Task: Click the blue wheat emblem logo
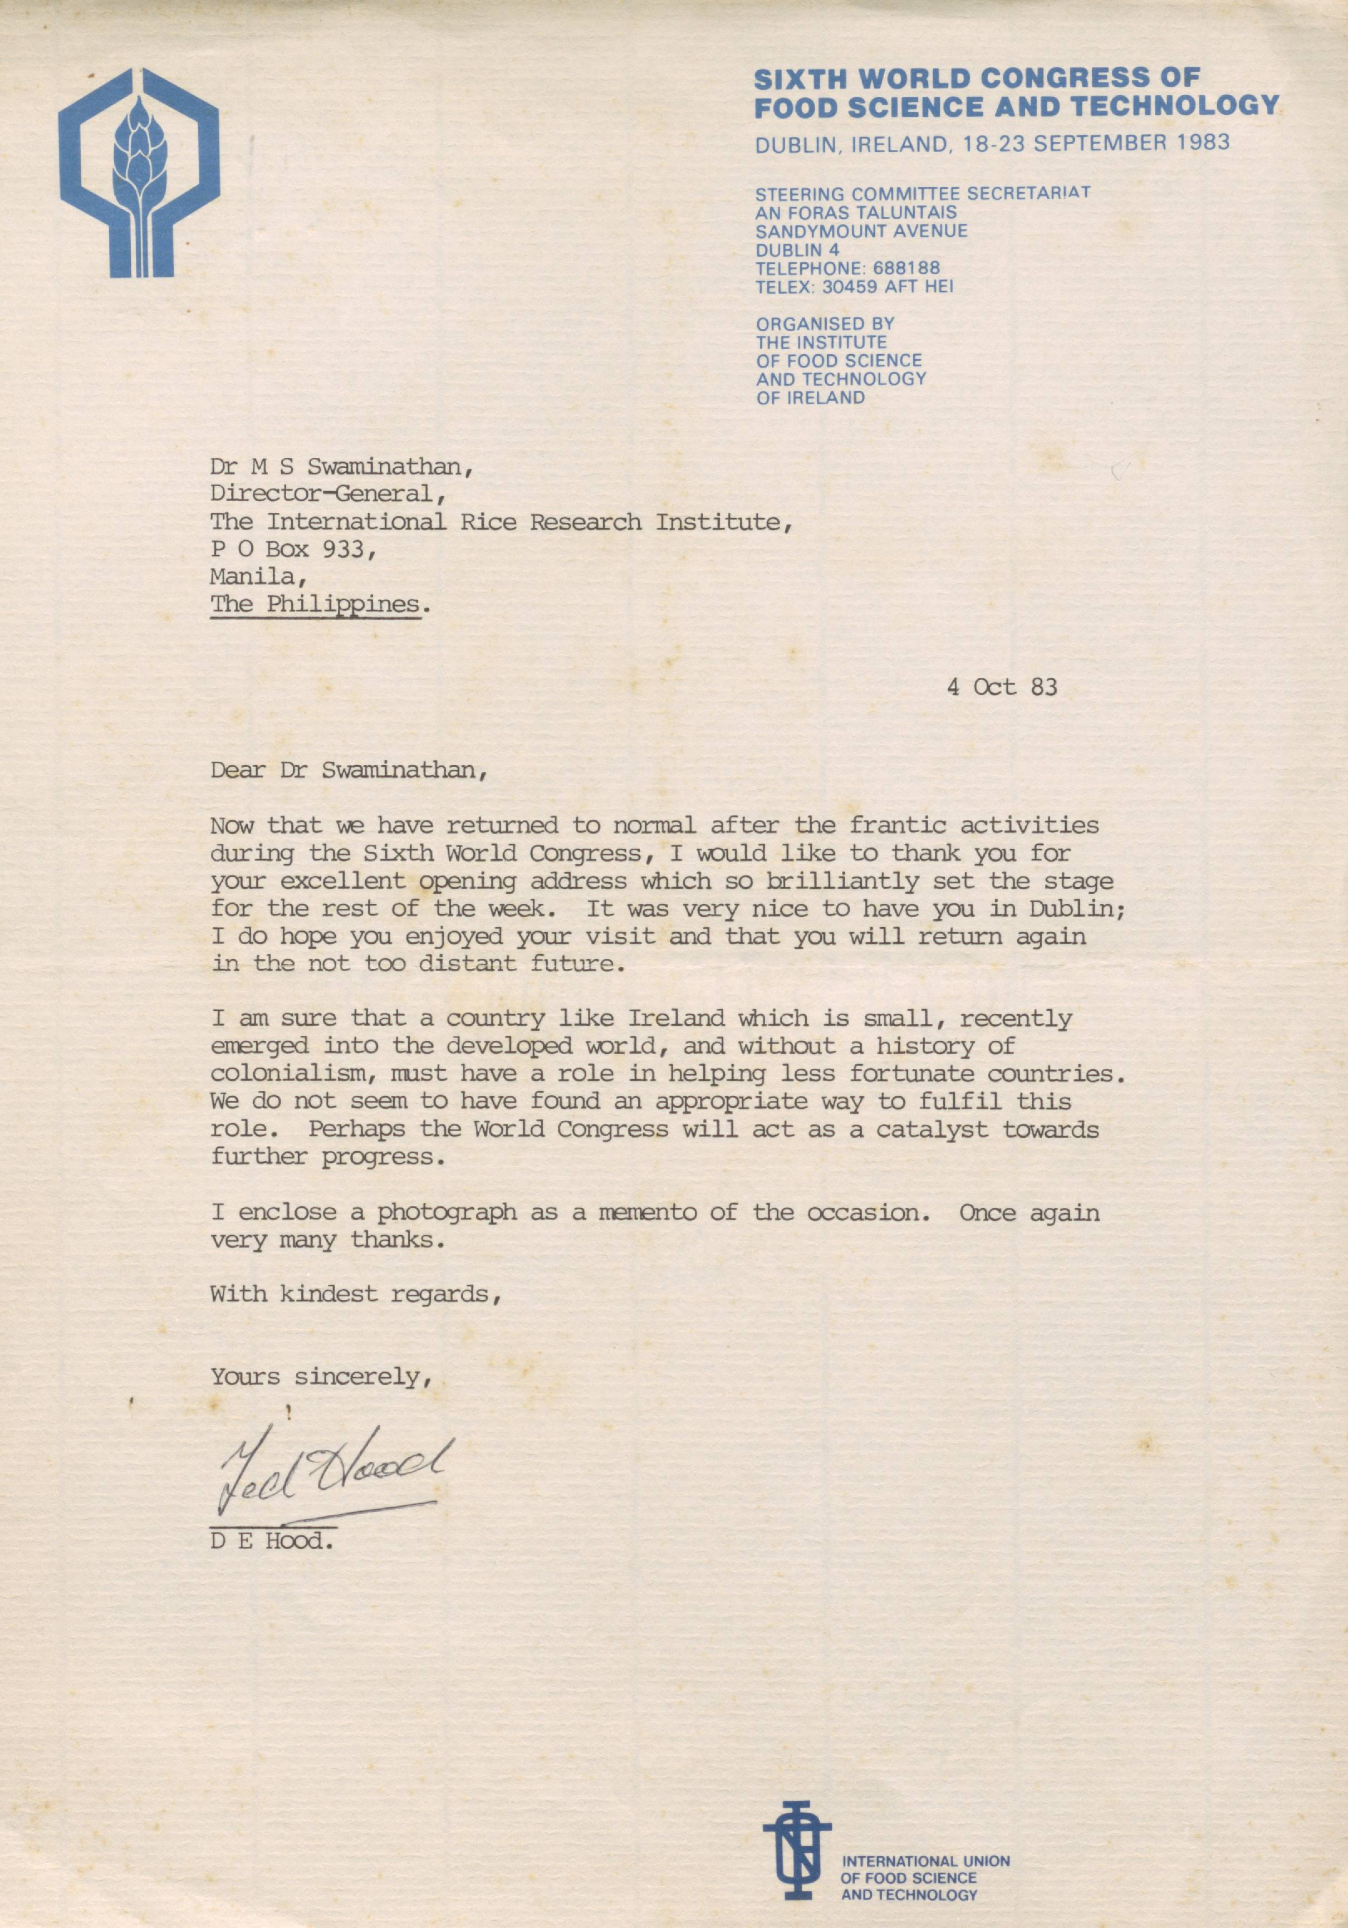[x=139, y=173]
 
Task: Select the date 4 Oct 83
[x=1001, y=687]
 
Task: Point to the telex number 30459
[x=865, y=286]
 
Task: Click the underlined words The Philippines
[x=315, y=604]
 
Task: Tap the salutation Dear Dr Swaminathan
[x=349, y=770]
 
